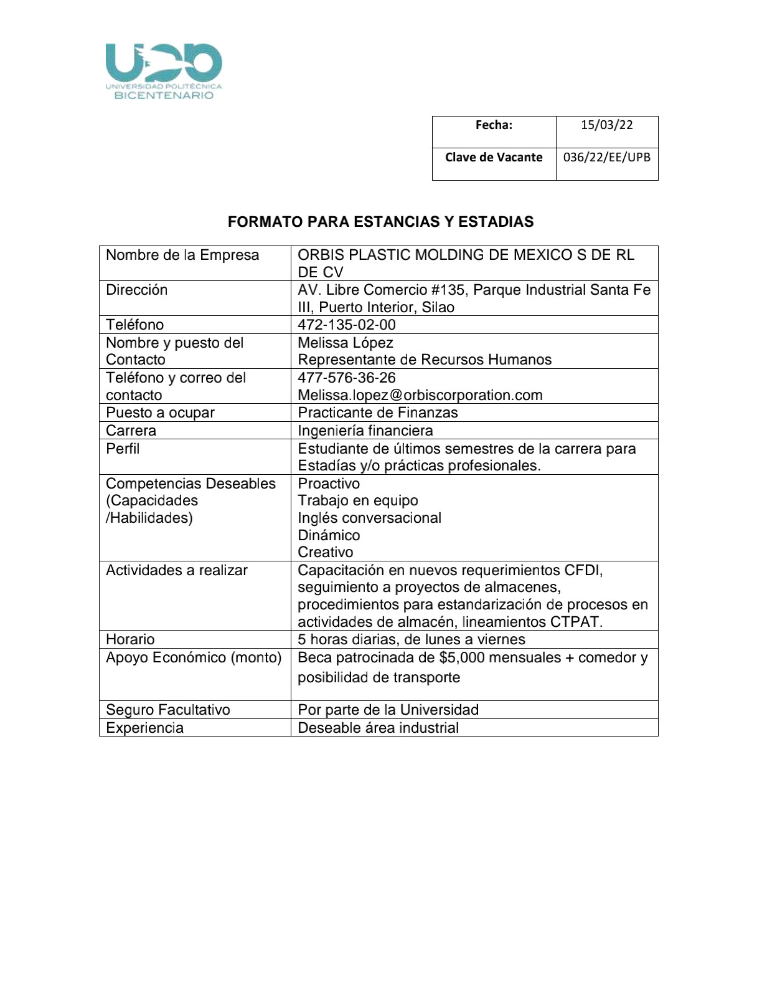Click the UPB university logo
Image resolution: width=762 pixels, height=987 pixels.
(x=164, y=71)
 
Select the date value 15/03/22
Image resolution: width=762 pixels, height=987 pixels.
(x=606, y=125)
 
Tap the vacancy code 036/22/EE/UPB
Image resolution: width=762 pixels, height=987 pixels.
(x=606, y=158)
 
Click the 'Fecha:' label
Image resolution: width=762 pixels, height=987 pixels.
(x=494, y=125)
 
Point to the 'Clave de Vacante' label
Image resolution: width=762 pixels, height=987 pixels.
(x=494, y=158)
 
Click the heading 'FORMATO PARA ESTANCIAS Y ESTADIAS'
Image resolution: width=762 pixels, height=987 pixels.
(x=380, y=222)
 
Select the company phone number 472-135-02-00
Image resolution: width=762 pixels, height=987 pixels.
(x=346, y=325)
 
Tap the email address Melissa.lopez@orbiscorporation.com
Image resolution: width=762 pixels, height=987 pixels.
(x=420, y=395)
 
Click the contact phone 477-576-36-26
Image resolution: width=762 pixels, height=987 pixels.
(x=346, y=378)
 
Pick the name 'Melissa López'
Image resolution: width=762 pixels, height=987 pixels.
(x=345, y=343)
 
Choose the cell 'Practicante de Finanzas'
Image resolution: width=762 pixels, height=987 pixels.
(x=377, y=412)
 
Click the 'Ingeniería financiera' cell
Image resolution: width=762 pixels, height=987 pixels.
(x=365, y=431)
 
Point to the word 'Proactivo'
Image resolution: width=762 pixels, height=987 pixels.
(x=329, y=484)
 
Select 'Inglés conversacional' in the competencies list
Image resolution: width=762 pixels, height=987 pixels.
(x=369, y=518)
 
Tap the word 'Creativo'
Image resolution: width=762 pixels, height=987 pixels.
(x=325, y=552)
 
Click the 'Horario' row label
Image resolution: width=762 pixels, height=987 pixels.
(x=130, y=639)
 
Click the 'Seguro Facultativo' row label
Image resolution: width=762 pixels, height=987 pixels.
(x=167, y=710)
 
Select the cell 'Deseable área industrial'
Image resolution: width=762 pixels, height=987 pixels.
(x=378, y=728)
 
